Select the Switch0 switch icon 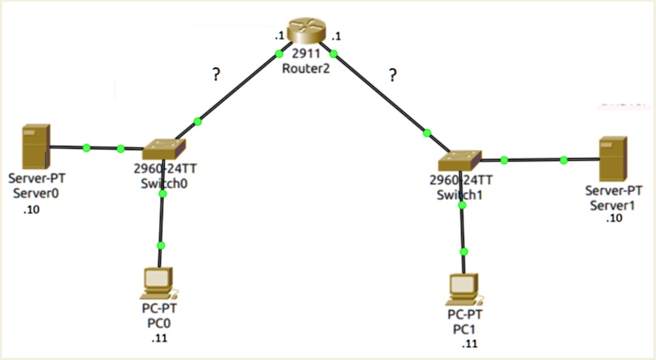(x=164, y=149)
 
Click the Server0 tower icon (x=36, y=146)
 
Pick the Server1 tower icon (x=613, y=159)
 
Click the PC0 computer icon (x=159, y=284)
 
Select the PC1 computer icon (x=464, y=290)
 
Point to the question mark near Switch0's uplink (x=216, y=74)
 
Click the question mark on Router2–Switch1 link (x=393, y=75)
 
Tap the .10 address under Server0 (x=31, y=209)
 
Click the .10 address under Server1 (x=614, y=218)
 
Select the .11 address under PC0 (x=160, y=338)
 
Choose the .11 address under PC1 (x=470, y=344)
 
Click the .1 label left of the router (x=279, y=37)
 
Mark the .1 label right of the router (x=336, y=37)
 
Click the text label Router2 (x=306, y=68)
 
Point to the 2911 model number (x=306, y=53)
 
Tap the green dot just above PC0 (x=161, y=245)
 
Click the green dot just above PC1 (x=464, y=252)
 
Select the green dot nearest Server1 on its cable (x=564, y=160)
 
